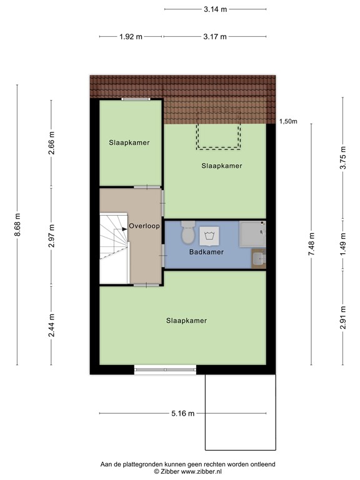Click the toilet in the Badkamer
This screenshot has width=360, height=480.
tap(187, 236)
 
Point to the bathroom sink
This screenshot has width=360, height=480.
tap(258, 257)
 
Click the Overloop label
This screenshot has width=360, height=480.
tap(144, 226)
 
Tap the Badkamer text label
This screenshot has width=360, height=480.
tap(206, 252)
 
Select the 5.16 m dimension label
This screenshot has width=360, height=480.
tap(182, 414)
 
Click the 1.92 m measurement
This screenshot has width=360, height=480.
tap(131, 37)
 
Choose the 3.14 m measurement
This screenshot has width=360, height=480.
tap(215, 9)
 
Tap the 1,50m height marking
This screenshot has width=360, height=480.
tap(288, 121)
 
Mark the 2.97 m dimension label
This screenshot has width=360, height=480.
tap(52, 236)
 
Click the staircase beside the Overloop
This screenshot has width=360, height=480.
tap(114, 247)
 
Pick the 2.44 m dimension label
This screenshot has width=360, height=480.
tap(52, 326)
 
